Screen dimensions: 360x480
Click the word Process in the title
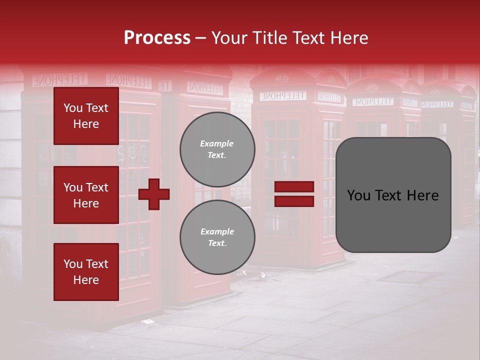(x=157, y=38)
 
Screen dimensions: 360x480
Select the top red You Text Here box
(x=86, y=116)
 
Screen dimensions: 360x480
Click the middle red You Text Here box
(x=86, y=195)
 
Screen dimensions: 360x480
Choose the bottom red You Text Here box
(x=86, y=272)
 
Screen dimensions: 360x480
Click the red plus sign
(x=154, y=194)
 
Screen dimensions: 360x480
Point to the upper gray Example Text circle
(x=217, y=149)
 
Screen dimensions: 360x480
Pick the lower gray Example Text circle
(x=217, y=237)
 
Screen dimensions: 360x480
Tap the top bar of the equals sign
(x=294, y=187)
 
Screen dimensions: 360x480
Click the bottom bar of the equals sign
(x=294, y=201)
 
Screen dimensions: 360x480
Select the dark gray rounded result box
(x=393, y=195)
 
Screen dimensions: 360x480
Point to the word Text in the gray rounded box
(x=392, y=195)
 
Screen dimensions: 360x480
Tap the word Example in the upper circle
(x=216, y=143)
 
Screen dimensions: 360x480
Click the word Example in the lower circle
(x=216, y=231)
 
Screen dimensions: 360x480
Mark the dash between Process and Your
(x=200, y=38)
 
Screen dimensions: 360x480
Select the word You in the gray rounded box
(x=359, y=195)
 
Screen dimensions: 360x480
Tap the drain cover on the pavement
(x=409, y=276)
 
